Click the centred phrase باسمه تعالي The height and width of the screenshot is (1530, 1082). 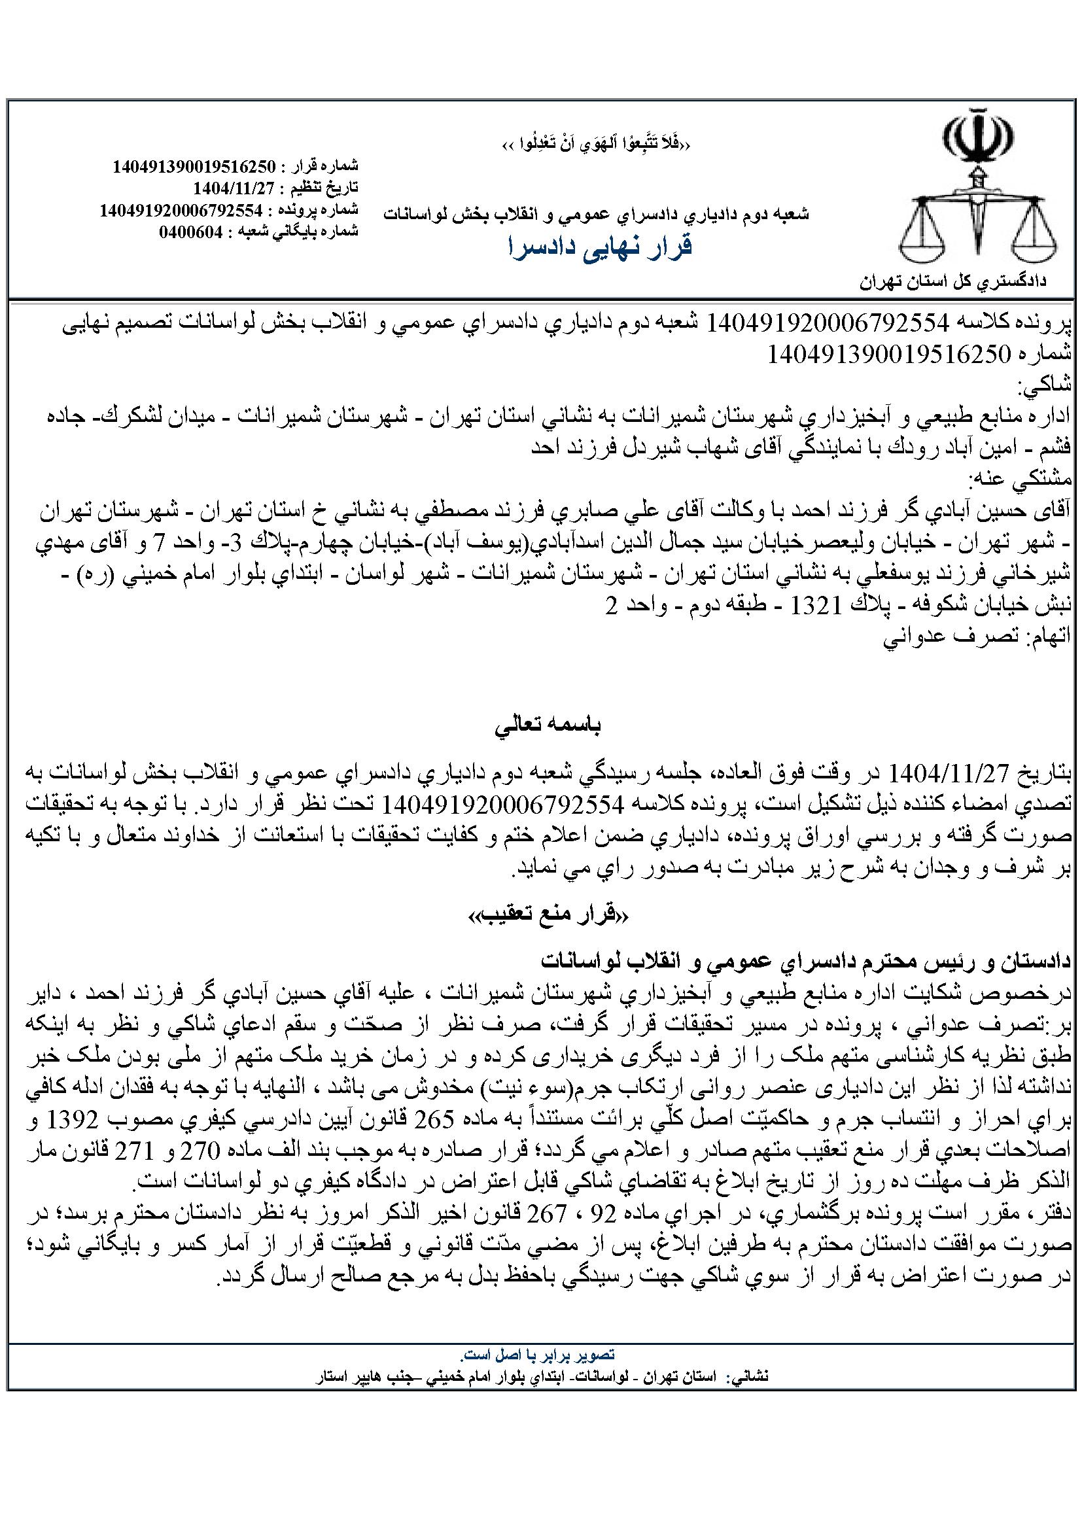click(x=548, y=727)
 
